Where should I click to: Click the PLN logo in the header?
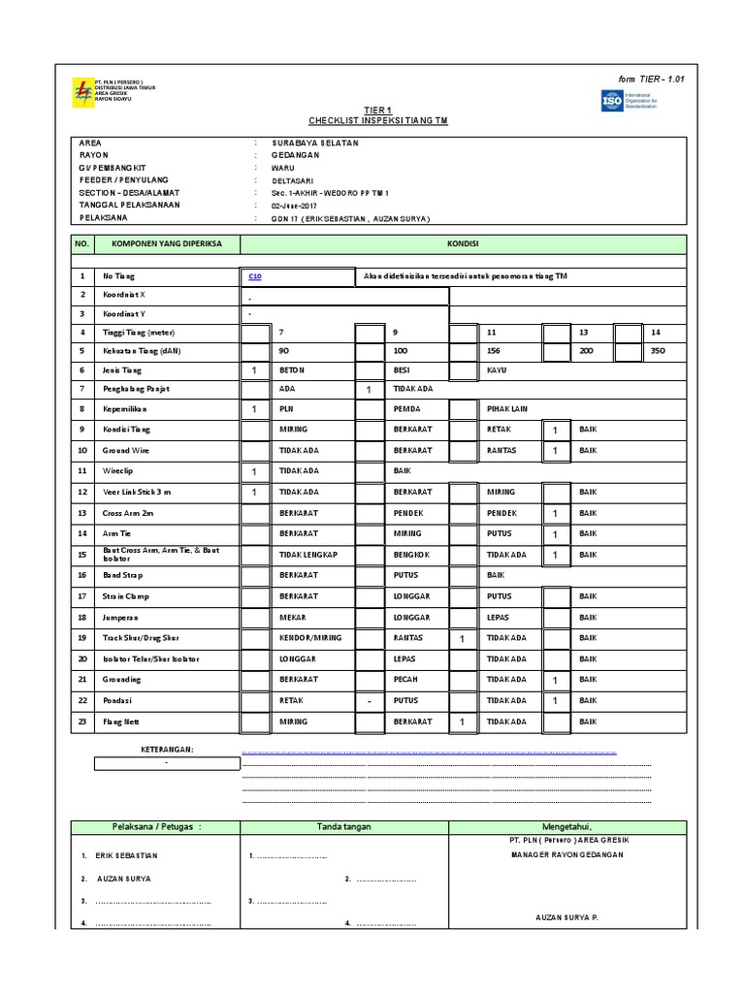[x=81, y=92]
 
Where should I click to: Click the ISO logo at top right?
[x=612, y=99]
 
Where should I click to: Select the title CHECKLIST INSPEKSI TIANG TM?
[x=378, y=120]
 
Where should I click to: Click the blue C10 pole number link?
[x=255, y=276]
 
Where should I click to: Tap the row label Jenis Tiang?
[x=122, y=369]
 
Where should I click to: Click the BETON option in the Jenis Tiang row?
[x=292, y=369]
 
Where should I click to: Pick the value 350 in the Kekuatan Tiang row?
[x=658, y=350]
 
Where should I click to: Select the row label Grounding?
[x=122, y=680]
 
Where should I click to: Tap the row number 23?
[x=82, y=721]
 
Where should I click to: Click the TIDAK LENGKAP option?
[x=306, y=555]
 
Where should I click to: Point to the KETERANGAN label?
[x=167, y=750]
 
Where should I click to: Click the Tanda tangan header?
[x=344, y=826]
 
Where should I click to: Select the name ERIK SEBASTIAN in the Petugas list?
[x=127, y=856]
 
